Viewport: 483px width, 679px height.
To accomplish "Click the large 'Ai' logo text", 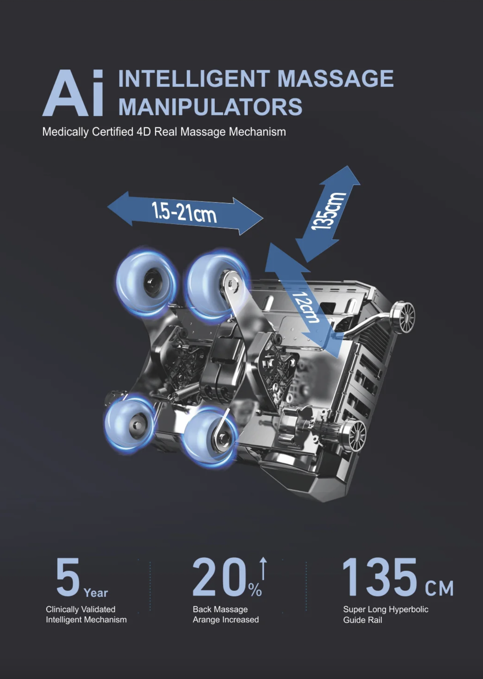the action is (x=73, y=93).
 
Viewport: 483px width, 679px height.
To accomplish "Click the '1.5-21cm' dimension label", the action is (x=184, y=213).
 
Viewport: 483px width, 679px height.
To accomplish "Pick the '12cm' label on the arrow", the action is (x=306, y=307).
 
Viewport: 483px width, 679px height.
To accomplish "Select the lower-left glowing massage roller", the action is (x=130, y=424).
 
